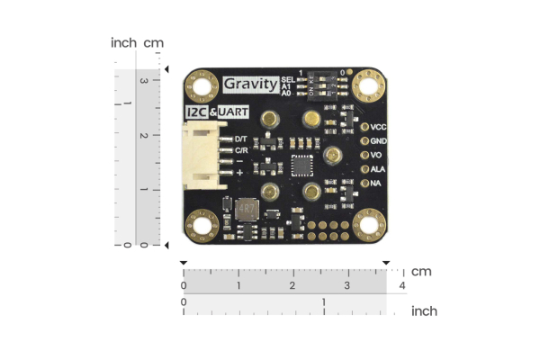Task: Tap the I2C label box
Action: click(195, 112)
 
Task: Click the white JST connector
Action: click(204, 153)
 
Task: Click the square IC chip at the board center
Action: click(300, 165)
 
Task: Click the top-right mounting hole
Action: click(368, 85)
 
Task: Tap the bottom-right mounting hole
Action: click(368, 225)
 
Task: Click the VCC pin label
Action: click(380, 126)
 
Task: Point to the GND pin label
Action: click(380, 140)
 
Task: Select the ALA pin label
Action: click(379, 168)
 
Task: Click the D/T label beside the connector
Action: click(240, 139)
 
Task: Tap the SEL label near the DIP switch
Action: click(287, 80)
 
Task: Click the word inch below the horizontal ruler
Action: click(424, 311)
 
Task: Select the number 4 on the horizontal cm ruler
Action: click(402, 285)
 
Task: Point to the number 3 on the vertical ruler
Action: click(141, 79)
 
